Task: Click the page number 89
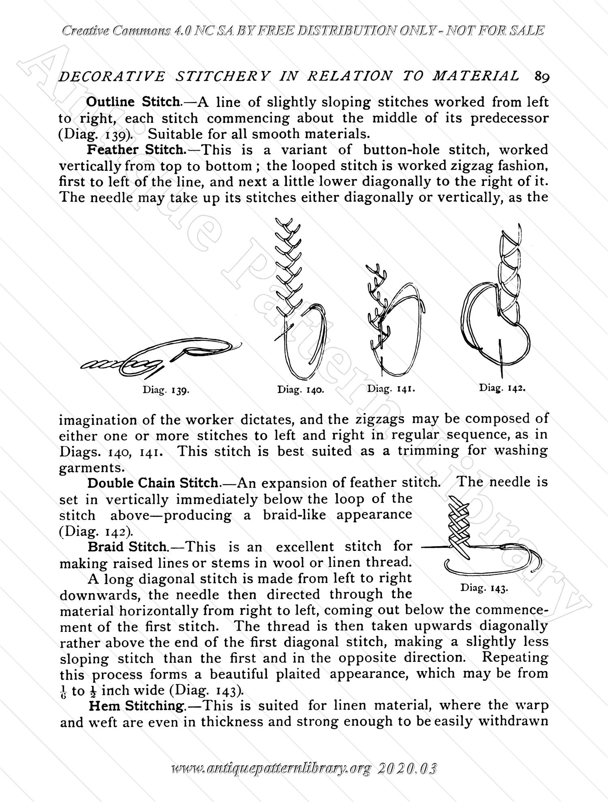[x=542, y=77]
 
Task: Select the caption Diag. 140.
[x=300, y=390]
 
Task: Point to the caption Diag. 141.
[x=392, y=389]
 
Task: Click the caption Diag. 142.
[x=502, y=387]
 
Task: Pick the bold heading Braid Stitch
[x=127, y=547]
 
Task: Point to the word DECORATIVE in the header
[x=112, y=77]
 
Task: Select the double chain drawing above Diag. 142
[x=497, y=300]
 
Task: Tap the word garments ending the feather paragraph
[x=90, y=468]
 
